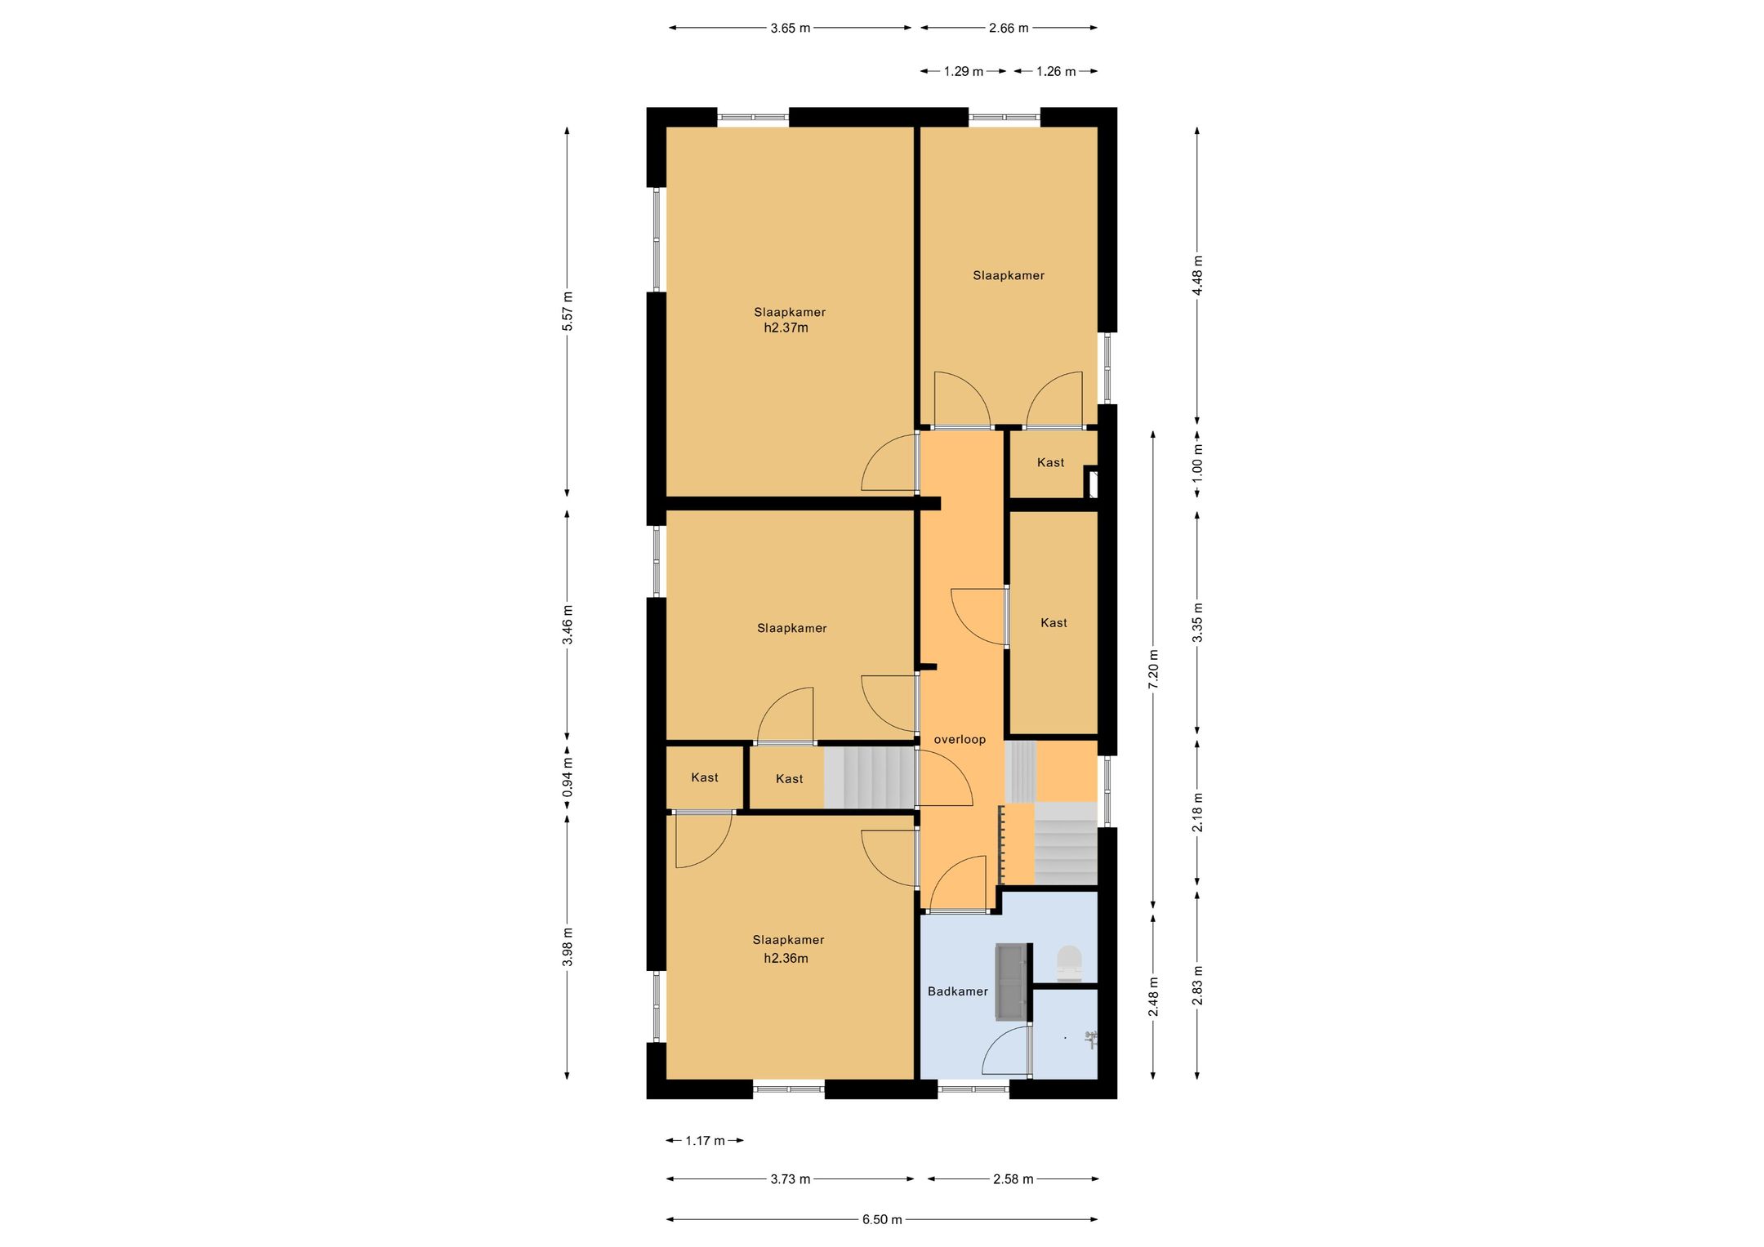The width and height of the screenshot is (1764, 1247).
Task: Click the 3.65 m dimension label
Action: pyautogui.click(x=790, y=28)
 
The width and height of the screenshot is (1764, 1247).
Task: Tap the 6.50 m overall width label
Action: pyautogui.click(x=882, y=1219)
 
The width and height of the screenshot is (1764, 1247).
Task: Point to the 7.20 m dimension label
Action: pyautogui.click(x=1153, y=670)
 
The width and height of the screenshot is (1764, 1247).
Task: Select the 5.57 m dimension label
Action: pyautogui.click(x=568, y=311)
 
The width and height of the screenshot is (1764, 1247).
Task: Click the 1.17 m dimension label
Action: pyautogui.click(x=705, y=1140)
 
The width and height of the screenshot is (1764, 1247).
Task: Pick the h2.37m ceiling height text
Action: pyautogui.click(x=786, y=328)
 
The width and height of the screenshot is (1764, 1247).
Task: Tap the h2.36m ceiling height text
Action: pyautogui.click(x=786, y=959)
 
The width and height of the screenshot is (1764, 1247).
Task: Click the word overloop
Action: pyautogui.click(x=960, y=740)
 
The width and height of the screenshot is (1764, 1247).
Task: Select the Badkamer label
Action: pyautogui.click(x=958, y=991)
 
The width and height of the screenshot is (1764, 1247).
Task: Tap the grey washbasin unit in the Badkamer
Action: pyautogui.click(x=1011, y=982)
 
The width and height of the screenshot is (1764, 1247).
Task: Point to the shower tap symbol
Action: pyautogui.click(x=1090, y=1040)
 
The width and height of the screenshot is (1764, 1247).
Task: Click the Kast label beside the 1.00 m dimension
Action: pyautogui.click(x=1050, y=463)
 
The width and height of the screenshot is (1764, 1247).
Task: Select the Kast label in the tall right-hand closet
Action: pyautogui.click(x=1053, y=623)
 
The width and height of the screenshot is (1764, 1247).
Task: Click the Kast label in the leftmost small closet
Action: pyautogui.click(x=705, y=777)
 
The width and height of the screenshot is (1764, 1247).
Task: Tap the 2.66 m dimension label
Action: pyautogui.click(x=1009, y=28)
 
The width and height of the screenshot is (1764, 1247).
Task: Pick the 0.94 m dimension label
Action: pyautogui.click(x=568, y=777)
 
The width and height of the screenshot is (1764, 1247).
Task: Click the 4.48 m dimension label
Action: pyautogui.click(x=1197, y=276)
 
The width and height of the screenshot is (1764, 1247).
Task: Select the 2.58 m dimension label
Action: pyautogui.click(x=1013, y=1178)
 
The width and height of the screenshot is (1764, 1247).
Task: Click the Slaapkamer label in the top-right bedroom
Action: pyautogui.click(x=1009, y=275)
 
